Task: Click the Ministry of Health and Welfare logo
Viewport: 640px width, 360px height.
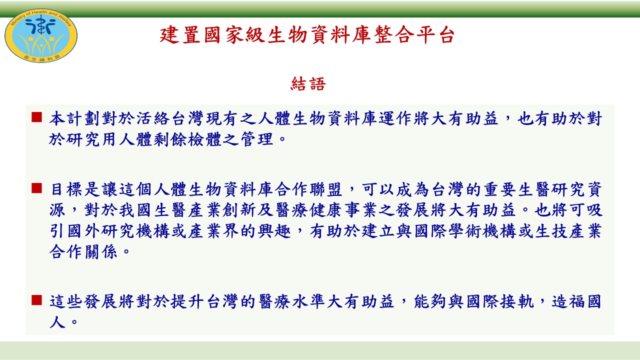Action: (41, 35)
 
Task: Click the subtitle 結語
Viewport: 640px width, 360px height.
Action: (308, 83)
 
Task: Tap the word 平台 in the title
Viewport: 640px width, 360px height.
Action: (435, 35)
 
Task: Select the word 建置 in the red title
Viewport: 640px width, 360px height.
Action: (180, 35)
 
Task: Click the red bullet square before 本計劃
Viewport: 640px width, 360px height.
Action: (37, 117)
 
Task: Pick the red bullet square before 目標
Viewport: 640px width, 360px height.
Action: (37, 188)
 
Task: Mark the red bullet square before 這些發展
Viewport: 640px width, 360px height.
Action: (37, 300)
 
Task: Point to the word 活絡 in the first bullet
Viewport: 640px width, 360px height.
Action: (153, 118)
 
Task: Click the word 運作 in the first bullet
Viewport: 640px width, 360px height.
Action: (395, 118)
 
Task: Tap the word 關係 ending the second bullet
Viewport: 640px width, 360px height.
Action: (101, 252)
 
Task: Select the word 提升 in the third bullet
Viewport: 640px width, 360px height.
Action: (187, 301)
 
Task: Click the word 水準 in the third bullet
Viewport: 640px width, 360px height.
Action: (309, 301)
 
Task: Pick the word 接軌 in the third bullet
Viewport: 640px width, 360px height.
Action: (517, 301)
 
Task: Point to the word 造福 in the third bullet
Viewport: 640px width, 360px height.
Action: (568, 301)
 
